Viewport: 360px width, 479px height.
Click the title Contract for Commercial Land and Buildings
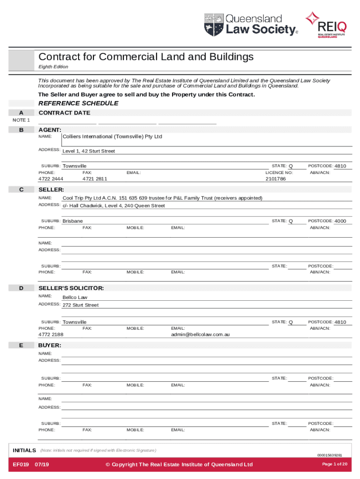[x=146, y=57]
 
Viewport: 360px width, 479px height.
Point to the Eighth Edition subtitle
[x=53, y=67]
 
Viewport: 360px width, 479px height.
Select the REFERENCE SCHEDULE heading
[x=78, y=103]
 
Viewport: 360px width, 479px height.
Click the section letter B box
[x=21, y=130]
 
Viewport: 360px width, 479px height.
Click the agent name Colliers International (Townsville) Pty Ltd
[x=112, y=137]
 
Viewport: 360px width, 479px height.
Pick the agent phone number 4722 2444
[x=51, y=179]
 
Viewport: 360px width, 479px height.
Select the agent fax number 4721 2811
[x=94, y=179]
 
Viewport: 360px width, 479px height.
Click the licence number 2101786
[x=275, y=179]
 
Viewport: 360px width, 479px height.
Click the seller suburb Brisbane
[x=73, y=221]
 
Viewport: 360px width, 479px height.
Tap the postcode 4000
[x=340, y=221]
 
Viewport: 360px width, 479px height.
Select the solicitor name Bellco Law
[x=75, y=297]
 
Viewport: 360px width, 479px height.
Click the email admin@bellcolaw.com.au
[x=200, y=334]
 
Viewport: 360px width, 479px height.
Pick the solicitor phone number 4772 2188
[x=51, y=334]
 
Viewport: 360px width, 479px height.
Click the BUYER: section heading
[x=50, y=345]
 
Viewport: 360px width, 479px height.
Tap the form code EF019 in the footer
[x=21, y=464]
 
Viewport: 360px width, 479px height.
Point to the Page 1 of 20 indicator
[x=335, y=464]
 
